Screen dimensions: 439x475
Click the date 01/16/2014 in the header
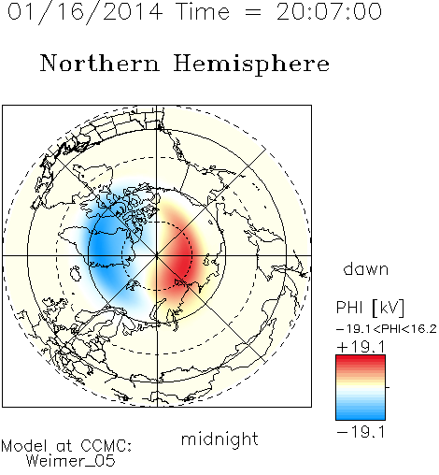coord(85,12)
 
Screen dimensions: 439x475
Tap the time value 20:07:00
coord(329,12)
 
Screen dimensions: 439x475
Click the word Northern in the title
coord(100,63)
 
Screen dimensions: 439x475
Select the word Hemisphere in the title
coord(251,65)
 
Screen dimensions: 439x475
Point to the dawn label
coord(366,268)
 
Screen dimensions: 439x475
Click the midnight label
coord(219,439)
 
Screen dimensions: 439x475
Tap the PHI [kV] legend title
coord(370,308)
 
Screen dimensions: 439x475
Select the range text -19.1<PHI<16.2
coord(387,329)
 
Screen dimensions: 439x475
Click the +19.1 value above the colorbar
coord(361,347)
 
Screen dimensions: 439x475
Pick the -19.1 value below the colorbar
coord(361,432)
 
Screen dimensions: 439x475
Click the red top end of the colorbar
coord(361,358)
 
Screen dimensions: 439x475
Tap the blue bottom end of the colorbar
coord(361,417)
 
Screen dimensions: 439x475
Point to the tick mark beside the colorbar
coord(388,387)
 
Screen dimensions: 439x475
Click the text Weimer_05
coord(71,461)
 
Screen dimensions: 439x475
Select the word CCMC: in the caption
coord(106,446)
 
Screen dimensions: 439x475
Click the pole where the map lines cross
coord(157,255)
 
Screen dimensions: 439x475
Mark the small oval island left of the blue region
coord(76,273)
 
